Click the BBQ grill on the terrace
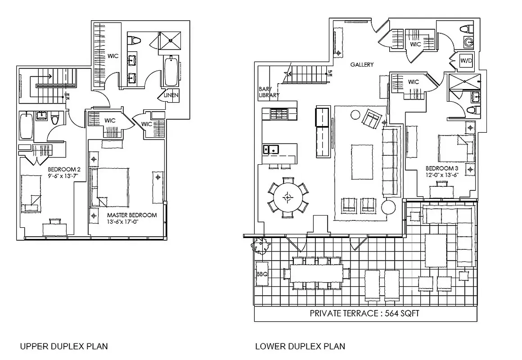(x=262, y=274)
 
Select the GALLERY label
(x=362, y=64)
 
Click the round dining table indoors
(x=288, y=197)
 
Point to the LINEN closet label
(x=171, y=95)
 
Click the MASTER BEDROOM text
(x=132, y=215)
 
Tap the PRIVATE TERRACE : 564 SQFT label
(x=364, y=314)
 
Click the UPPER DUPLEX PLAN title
(x=64, y=346)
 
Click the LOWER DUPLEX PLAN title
(x=300, y=346)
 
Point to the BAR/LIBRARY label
(x=269, y=92)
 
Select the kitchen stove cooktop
(x=279, y=114)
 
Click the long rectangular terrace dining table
(x=317, y=273)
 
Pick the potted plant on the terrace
(x=261, y=246)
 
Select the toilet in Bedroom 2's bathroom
(x=55, y=119)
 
